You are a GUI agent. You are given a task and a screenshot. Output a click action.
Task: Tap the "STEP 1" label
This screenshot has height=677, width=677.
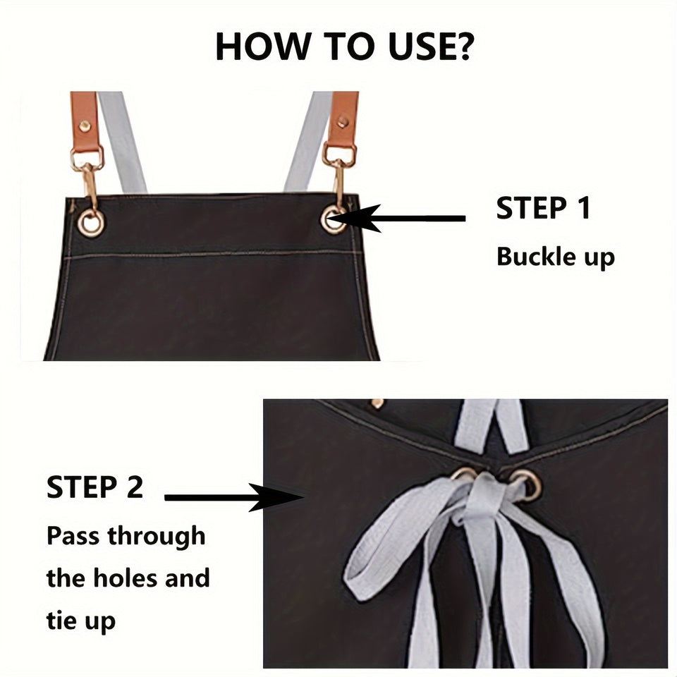point(542,209)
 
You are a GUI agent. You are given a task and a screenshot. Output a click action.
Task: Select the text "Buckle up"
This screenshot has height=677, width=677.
point(555,257)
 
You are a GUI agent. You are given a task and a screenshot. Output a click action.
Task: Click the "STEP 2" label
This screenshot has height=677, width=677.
point(95,488)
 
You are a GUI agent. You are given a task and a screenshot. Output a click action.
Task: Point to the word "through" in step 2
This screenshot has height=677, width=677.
point(156,536)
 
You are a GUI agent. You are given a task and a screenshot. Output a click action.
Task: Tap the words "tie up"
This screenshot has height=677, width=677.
point(81,621)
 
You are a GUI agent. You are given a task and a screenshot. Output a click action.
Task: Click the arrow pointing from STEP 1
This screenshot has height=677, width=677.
point(409,219)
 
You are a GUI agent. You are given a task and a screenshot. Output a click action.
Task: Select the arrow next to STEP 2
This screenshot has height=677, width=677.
point(233,498)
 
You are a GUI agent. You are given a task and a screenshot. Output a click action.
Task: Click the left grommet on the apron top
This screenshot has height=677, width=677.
point(91,223)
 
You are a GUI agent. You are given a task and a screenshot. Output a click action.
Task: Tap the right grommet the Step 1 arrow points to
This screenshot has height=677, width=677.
point(333,219)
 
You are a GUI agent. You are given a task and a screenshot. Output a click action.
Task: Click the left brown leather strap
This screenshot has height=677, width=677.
point(85,120)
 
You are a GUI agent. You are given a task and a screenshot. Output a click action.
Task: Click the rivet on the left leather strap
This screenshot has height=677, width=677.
point(85,127)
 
